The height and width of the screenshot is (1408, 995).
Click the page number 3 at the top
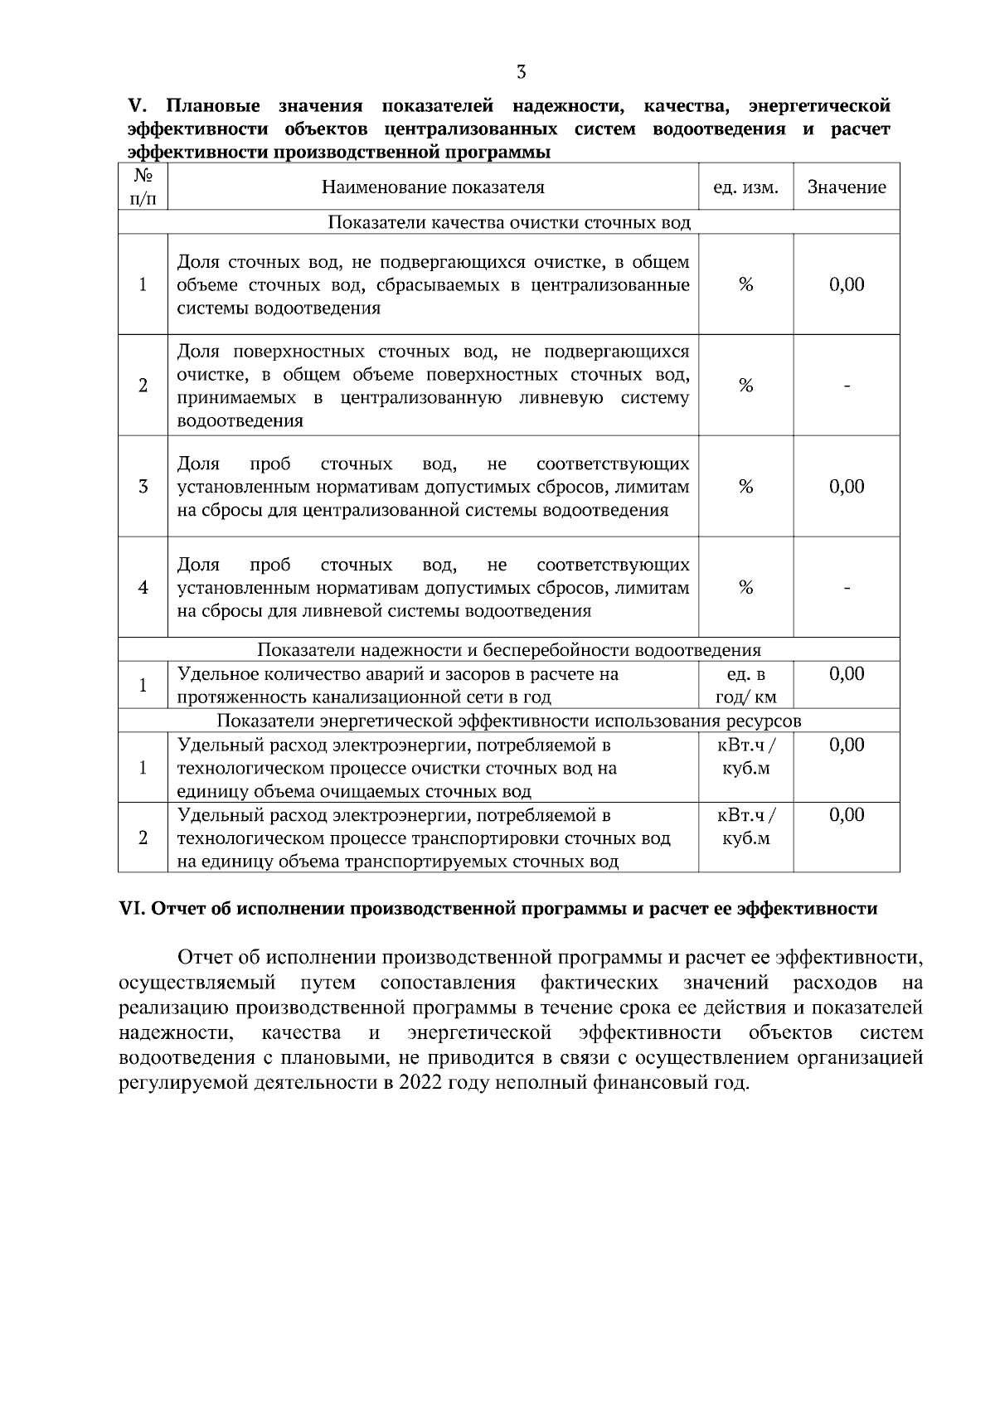tap(521, 72)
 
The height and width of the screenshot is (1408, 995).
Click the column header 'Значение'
tap(847, 187)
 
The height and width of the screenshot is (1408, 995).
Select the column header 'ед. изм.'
tap(745, 187)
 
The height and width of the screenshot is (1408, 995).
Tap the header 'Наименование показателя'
tap(433, 187)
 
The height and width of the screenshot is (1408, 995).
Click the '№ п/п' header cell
tap(143, 187)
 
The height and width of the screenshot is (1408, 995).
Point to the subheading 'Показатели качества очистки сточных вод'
tap(509, 223)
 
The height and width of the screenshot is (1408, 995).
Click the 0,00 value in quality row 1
tap(847, 285)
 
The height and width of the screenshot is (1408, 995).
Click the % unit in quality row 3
tap(745, 487)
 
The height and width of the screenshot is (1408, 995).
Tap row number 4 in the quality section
tap(143, 588)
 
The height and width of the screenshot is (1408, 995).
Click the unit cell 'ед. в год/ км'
tap(745, 686)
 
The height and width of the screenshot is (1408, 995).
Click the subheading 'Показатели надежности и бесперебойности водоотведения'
tap(509, 650)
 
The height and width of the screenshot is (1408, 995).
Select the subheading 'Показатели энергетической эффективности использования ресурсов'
tap(509, 721)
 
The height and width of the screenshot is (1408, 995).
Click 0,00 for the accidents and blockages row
tap(847, 674)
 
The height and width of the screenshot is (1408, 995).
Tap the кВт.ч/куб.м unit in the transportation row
tap(745, 827)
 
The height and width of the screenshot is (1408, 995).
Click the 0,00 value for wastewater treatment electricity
tap(847, 745)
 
